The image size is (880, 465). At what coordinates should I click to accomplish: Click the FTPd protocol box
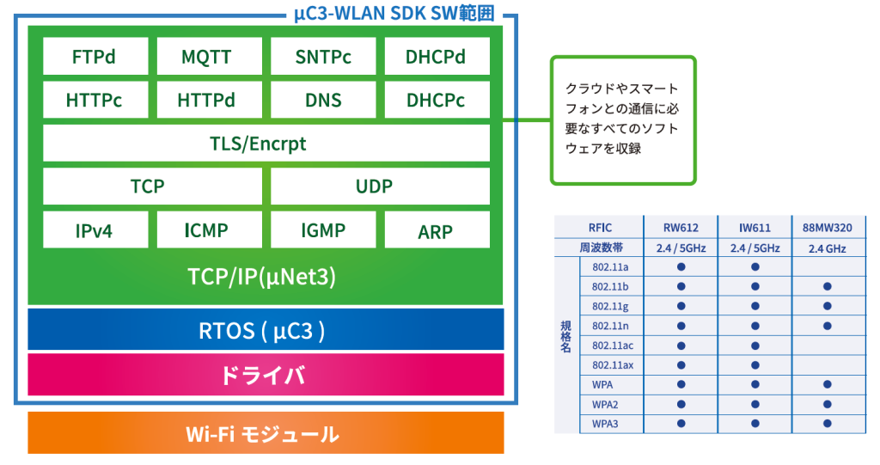95,56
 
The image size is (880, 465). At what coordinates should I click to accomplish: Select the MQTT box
210,56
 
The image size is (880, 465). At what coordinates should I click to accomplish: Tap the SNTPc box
323,56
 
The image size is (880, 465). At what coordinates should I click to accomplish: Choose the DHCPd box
437,56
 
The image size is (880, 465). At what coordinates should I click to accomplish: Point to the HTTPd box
210,100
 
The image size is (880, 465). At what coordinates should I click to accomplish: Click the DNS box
323,100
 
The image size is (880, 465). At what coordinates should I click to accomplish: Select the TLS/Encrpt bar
266,144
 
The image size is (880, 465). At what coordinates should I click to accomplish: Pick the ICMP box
210,229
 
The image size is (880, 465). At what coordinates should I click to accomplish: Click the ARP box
437,229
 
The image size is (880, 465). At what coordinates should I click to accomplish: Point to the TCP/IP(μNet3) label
261,276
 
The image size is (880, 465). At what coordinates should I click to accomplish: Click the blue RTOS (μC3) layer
266,330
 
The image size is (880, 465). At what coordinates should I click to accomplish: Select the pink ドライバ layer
266,375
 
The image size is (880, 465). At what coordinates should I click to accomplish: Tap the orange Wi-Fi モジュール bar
266,433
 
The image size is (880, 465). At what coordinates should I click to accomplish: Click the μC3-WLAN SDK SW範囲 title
394,12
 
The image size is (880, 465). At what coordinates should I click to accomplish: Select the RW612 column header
681,228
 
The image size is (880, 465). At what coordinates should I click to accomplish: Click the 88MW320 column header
828,228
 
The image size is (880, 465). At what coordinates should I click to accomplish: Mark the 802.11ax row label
613,365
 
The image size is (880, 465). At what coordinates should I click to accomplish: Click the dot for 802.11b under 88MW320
828,286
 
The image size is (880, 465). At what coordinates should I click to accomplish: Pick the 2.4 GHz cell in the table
828,248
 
